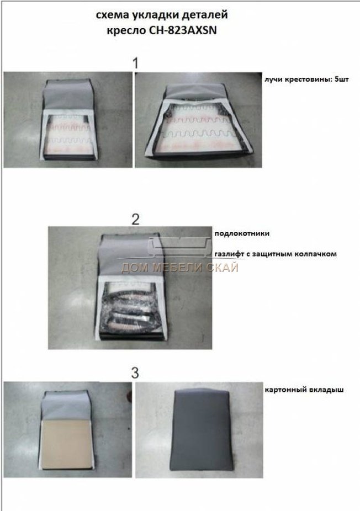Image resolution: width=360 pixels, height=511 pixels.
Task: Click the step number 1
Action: (x=136, y=63)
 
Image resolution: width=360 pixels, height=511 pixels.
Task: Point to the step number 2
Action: (x=135, y=219)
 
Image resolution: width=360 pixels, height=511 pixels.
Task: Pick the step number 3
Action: (x=135, y=373)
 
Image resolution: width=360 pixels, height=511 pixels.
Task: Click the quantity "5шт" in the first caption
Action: (x=342, y=79)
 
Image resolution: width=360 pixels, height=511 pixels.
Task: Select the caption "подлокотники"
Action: (x=242, y=233)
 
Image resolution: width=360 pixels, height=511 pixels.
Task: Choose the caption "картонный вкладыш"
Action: (x=304, y=390)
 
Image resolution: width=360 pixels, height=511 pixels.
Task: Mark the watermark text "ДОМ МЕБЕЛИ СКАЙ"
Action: (x=180, y=268)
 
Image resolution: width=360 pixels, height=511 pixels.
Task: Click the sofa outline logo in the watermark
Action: (x=179, y=246)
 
